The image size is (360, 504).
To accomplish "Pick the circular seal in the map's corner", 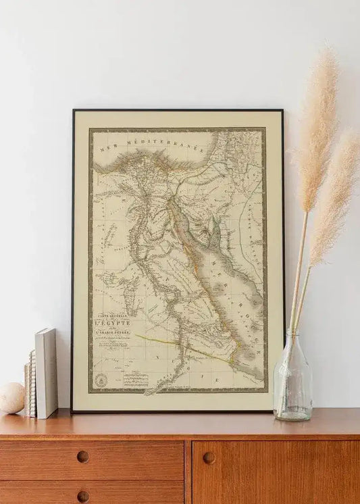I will [x=101, y=380].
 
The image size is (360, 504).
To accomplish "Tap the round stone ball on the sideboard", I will [x=11, y=398].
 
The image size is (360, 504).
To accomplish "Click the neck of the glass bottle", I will [x=292, y=342].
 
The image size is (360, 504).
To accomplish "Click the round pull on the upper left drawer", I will [x=82, y=457].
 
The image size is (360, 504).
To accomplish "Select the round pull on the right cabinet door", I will [x=209, y=457].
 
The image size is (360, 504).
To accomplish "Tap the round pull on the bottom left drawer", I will [x=82, y=497].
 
